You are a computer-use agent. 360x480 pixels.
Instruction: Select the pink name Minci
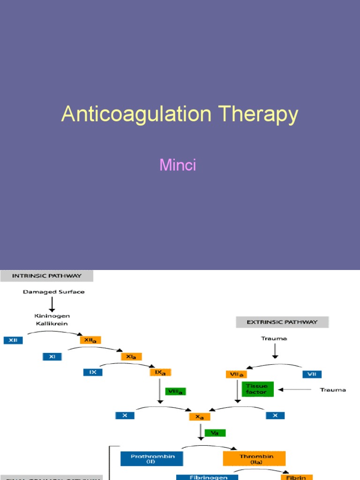pyautogui.click(x=178, y=165)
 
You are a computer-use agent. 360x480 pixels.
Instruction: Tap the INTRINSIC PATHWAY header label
pyautogui.click(x=46, y=276)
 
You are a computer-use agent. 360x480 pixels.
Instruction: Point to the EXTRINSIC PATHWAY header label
pyautogui.click(x=282, y=322)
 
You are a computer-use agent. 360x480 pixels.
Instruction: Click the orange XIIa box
pyautogui.click(x=90, y=340)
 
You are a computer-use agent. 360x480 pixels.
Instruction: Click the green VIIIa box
pyautogui.click(x=176, y=391)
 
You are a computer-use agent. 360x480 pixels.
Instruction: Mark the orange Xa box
pyautogui.click(x=200, y=416)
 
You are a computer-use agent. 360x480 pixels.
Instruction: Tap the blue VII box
pyautogui.click(x=312, y=374)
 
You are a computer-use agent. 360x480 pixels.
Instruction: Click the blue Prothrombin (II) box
pyautogui.click(x=151, y=458)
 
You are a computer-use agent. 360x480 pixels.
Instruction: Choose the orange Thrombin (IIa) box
pyautogui.click(x=254, y=458)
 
